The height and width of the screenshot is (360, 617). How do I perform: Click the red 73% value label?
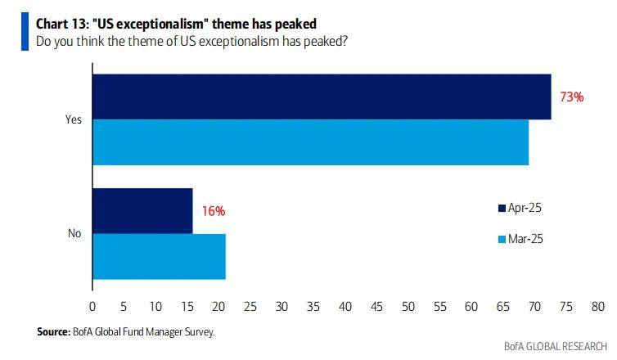[571, 97]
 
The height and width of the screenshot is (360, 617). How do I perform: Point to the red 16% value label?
[213, 211]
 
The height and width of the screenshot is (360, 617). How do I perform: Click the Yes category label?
[74, 119]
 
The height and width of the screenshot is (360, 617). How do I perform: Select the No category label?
[74, 233]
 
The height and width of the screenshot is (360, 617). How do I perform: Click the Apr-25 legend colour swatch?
[502, 209]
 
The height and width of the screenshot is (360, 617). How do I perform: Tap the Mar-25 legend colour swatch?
[502, 239]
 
